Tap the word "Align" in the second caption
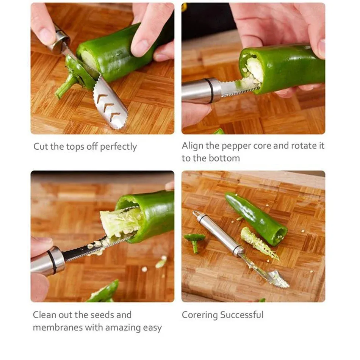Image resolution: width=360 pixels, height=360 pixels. coord(193,146)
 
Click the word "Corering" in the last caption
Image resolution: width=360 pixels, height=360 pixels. coord(200,315)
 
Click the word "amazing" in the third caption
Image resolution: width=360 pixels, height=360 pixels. coord(124,328)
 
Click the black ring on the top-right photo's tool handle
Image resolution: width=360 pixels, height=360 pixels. coord(209,91)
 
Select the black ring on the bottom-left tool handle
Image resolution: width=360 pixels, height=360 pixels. coord(52,261)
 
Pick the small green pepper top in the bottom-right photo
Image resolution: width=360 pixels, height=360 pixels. coord(194,239)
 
